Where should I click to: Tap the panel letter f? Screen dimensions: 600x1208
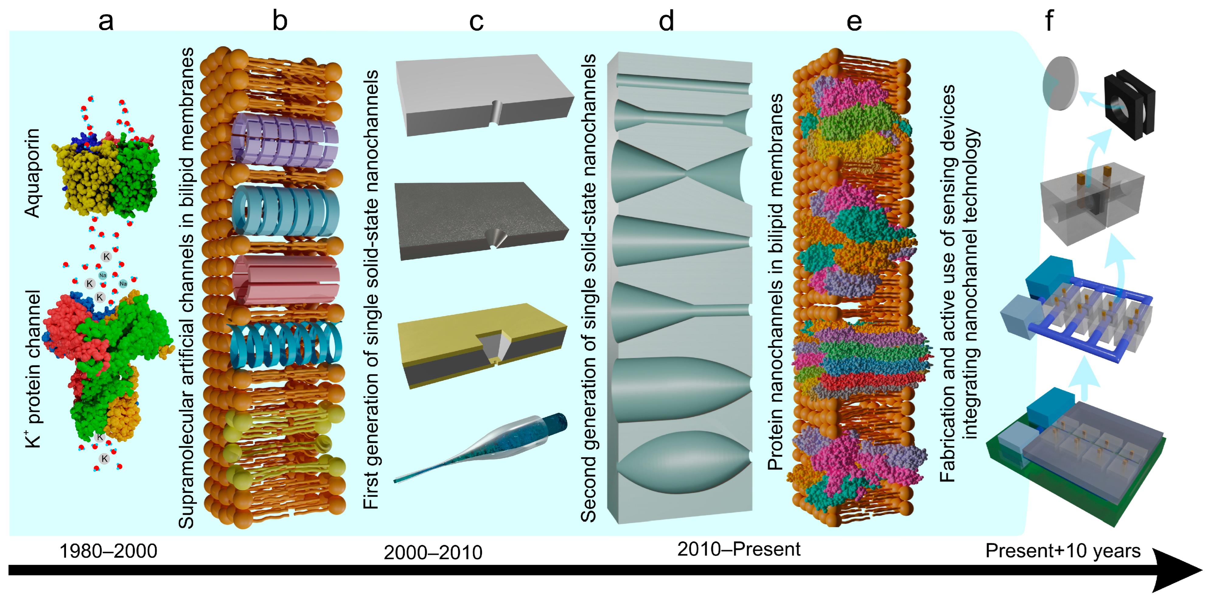coord(1049,21)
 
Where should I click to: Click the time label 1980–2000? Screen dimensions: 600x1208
coord(108,551)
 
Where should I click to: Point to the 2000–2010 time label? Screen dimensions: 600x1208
coord(433,553)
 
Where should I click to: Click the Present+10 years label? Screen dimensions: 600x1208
coord(1063,551)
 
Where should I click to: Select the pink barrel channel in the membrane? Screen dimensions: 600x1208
coord(286,280)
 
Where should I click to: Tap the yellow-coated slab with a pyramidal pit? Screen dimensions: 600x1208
coord(483,345)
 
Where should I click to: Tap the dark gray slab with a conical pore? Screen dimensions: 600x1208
coord(481,220)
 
